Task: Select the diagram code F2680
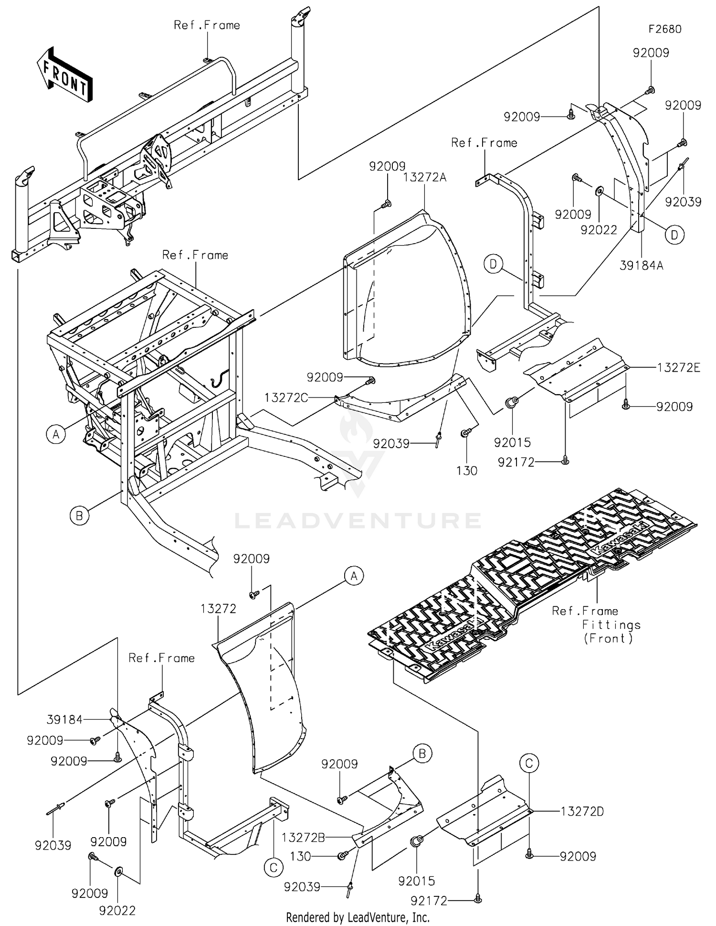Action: point(665,29)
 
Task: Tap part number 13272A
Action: point(425,177)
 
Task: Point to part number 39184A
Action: point(642,265)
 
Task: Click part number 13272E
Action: point(679,367)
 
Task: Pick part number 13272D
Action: point(582,811)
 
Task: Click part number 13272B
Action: point(304,837)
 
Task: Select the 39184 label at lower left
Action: point(65,719)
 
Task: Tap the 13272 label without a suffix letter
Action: point(218,608)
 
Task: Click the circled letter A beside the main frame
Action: point(56,434)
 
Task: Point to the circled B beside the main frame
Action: point(79,516)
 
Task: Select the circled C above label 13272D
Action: point(529,764)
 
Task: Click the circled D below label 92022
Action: point(674,235)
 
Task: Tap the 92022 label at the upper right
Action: point(599,230)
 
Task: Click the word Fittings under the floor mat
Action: point(611,625)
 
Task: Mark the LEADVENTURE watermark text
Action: point(358,520)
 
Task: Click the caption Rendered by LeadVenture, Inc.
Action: point(358,917)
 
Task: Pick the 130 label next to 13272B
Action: point(301,856)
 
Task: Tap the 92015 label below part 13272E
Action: point(512,442)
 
